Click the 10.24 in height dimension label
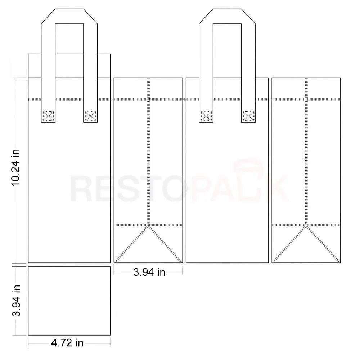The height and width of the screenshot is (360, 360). (x=15, y=167)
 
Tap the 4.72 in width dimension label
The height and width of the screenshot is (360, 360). (x=67, y=343)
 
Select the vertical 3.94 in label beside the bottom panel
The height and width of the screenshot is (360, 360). (x=16, y=301)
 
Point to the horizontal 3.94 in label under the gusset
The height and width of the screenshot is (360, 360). (x=149, y=272)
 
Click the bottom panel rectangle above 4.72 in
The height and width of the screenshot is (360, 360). (x=69, y=301)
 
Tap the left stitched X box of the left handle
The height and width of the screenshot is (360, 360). (x=48, y=116)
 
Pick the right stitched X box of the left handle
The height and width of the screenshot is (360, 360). (x=90, y=116)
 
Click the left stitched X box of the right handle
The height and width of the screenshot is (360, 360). (x=206, y=116)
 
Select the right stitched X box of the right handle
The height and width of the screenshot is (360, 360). (x=248, y=116)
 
